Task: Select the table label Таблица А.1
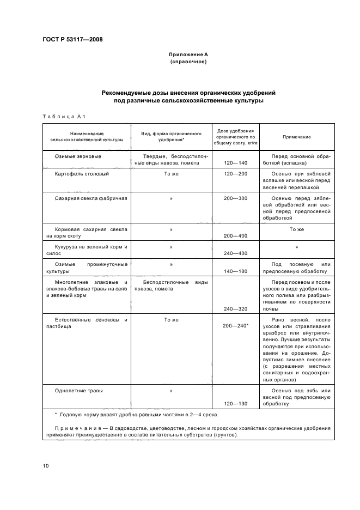(x=61, y=116)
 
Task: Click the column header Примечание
(x=297, y=137)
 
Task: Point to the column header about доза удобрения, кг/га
(x=235, y=136)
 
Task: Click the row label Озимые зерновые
(x=78, y=156)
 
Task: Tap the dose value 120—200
(x=235, y=174)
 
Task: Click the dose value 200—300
(x=235, y=198)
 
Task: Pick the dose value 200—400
(x=235, y=236)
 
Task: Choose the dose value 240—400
(x=235, y=253)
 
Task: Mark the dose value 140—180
(x=235, y=271)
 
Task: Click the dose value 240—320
(x=235, y=308)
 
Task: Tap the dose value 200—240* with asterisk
(x=236, y=325)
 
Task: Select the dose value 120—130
(x=235, y=404)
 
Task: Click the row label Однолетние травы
(x=79, y=391)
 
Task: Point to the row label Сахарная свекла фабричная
(x=91, y=198)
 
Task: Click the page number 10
(x=46, y=465)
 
